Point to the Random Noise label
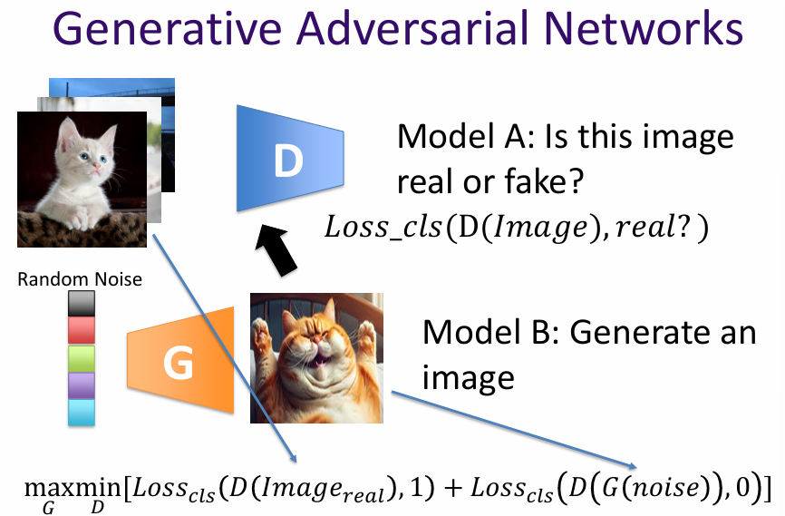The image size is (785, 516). [80, 279]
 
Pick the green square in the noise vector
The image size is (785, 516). [81, 357]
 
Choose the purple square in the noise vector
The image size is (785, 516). [81, 385]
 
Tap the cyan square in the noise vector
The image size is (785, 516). [81, 412]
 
